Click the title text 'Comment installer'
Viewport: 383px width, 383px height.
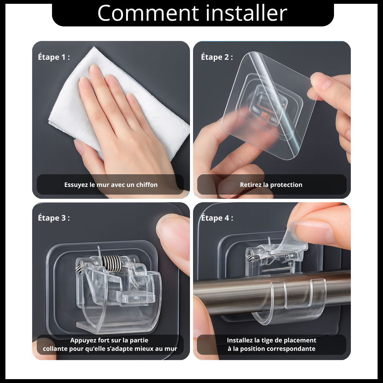[192, 13]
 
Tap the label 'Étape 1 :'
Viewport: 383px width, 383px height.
[54, 57]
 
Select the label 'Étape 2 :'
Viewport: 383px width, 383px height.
[217, 57]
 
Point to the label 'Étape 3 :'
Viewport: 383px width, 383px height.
[54, 218]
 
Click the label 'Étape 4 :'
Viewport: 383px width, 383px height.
[217, 218]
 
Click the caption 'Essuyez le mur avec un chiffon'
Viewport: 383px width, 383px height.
[111, 185]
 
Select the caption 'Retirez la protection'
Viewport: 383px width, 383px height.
[271, 185]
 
